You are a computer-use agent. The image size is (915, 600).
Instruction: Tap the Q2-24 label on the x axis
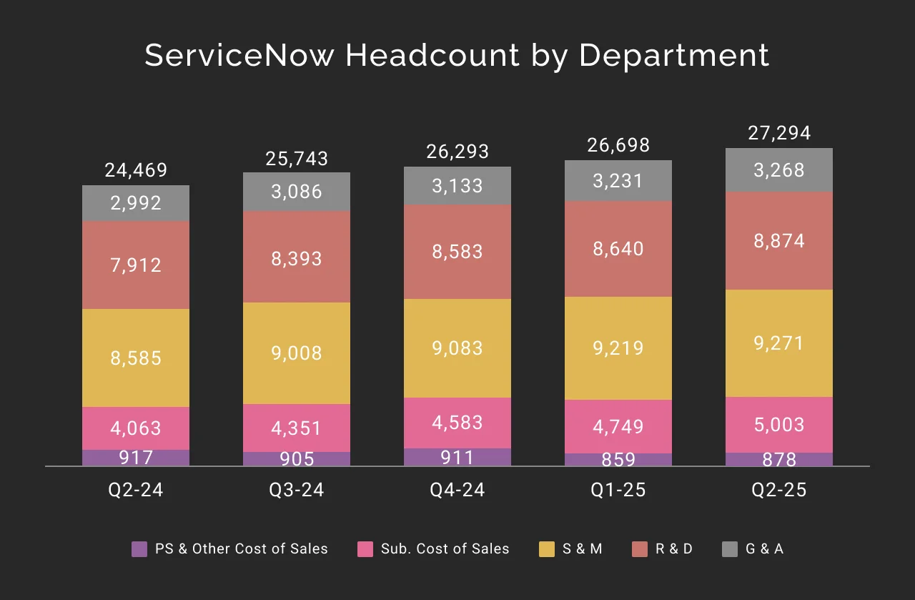[x=136, y=490]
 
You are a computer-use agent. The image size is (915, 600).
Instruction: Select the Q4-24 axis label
[x=457, y=490]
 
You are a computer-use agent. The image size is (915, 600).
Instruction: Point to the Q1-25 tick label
[x=618, y=490]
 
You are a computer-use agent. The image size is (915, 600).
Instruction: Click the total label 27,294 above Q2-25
[x=779, y=134]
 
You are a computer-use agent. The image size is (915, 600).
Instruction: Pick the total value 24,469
[x=136, y=171]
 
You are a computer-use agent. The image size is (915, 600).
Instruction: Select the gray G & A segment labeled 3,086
[x=297, y=192]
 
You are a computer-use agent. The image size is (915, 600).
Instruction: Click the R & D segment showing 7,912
[x=136, y=265]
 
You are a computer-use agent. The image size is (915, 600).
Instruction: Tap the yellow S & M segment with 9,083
[x=457, y=348]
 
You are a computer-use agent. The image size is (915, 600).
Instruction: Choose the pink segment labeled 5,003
[x=779, y=425]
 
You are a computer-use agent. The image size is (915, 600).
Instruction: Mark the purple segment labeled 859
[x=618, y=460]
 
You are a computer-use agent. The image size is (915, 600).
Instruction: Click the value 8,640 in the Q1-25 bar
[x=618, y=249]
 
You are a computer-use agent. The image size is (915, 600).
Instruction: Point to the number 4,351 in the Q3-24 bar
[x=297, y=428]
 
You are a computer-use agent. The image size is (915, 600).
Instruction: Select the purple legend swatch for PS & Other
[x=140, y=549]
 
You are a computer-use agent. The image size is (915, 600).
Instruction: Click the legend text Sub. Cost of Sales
[x=445, y=549]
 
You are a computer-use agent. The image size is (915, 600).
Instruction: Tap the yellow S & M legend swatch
[x=547, y=549]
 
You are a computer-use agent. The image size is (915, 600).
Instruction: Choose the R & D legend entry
[x=664, y=549]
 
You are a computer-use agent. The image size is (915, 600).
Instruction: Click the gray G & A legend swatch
[x=730, y=549]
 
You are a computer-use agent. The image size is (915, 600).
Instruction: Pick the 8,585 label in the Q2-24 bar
[x=136, y=358]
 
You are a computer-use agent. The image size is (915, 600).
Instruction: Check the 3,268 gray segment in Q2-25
[x=779, y=170]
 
